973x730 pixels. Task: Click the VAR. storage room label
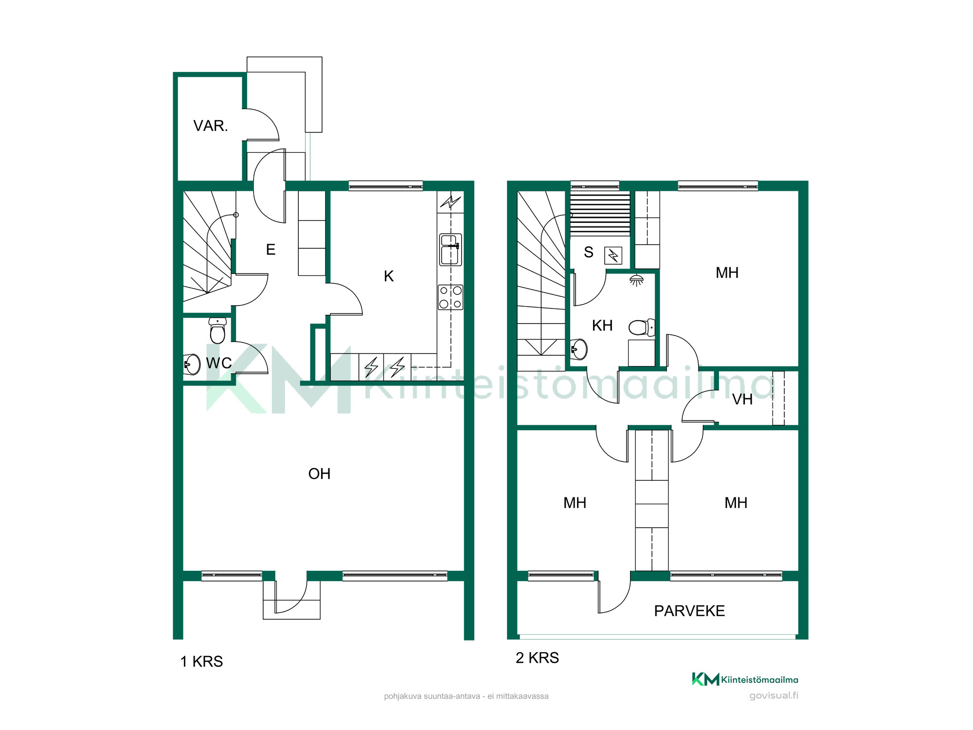[211, 126]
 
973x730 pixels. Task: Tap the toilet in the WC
[217, 330]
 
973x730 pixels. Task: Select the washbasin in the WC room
[192, 364]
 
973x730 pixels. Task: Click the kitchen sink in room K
[450, 250]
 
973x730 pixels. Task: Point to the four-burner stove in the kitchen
[450, 297]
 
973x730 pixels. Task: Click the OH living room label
[319, 474]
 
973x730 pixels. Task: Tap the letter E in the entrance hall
[270, 250]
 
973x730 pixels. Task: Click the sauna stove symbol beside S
[613, 255]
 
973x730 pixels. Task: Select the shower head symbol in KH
[636, 280]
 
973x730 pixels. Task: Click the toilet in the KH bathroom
[642, 328]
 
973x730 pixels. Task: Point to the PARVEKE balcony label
[689, 611]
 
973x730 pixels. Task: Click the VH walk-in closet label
[742, 400]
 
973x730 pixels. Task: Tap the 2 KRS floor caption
[537, 658]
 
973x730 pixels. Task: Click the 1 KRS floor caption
[201, 662]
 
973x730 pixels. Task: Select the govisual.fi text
[774, 695]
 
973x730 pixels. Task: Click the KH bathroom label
[602, 326]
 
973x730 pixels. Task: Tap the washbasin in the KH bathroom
[579, 349]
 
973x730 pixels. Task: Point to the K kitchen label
[389, 276]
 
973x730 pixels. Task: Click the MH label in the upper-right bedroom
[727, 273]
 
